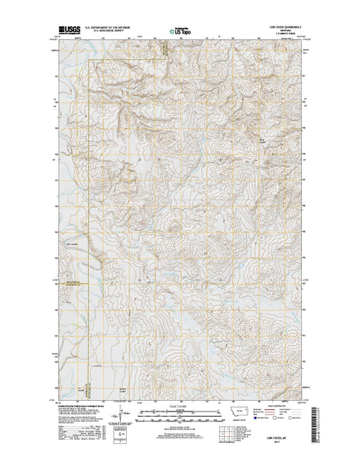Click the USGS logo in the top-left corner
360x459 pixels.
pyautogui.click(x=67, y=33)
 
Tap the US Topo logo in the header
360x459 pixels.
pyautogui.click(x=181, y=34)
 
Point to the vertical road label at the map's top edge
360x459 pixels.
pyautogui.click(x=162, y=50)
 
